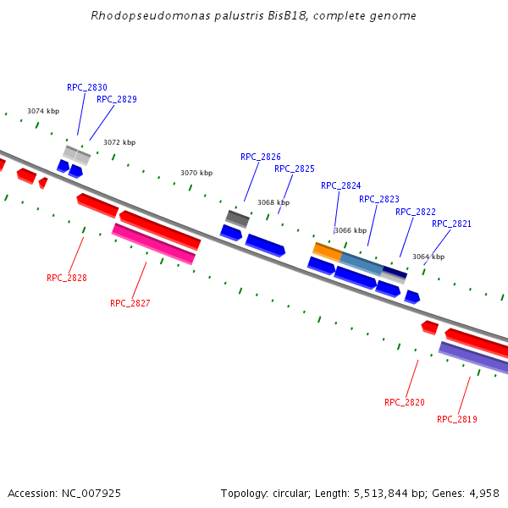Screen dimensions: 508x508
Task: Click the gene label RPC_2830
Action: (87, 87)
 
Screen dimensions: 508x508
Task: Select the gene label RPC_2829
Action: (117, 99)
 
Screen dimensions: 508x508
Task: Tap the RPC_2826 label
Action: (261, 157)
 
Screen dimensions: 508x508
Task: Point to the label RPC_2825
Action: (295, 168)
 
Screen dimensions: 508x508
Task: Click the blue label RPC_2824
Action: (341, 185)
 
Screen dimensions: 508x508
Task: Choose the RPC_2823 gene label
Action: (379, 199)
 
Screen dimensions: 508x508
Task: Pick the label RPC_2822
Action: (416, 212)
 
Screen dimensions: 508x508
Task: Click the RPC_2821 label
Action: (452, 224)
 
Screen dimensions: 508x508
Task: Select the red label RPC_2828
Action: (67, 278)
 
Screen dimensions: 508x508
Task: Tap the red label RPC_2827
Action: (130, 303)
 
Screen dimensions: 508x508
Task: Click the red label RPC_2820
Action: (405, 402)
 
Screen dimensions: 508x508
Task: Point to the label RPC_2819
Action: (457, 419)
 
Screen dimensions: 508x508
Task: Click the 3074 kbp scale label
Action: (43, 111)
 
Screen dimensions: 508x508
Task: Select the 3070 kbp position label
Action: (196, 173)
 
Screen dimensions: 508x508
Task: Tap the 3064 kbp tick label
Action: (428, 257)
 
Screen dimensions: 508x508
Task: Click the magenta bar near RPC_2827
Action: (153, 244)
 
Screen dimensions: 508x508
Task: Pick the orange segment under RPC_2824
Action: (328, 251)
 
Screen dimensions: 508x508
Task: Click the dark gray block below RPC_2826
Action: (237, 219)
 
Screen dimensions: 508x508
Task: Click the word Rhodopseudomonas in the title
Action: (137, 16)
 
